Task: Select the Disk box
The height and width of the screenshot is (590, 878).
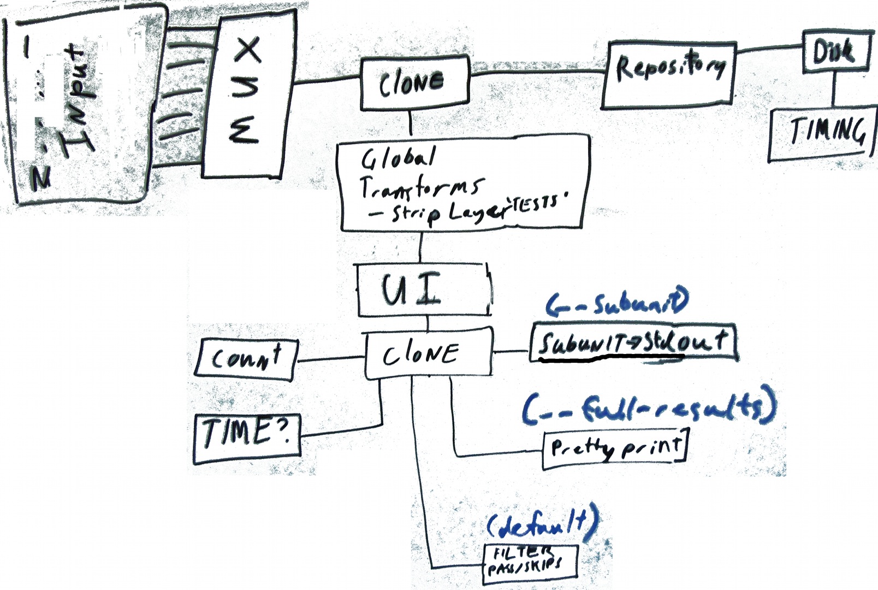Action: pos(834,51)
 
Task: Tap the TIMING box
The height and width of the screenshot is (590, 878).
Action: pos(822,134)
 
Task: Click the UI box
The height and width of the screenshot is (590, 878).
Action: pos(424,290)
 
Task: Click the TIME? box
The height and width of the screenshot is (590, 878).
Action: pos(247,437)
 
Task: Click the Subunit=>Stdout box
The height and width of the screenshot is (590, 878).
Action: pos(633,343)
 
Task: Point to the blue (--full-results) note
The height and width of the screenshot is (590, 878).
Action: pos(648,408)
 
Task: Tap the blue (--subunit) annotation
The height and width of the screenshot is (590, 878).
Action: pos(617,303)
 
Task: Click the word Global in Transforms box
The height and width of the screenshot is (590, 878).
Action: pos(398,158)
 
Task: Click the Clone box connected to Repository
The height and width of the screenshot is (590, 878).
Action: pos(414,82)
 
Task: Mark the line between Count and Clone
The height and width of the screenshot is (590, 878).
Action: pos(331,359)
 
